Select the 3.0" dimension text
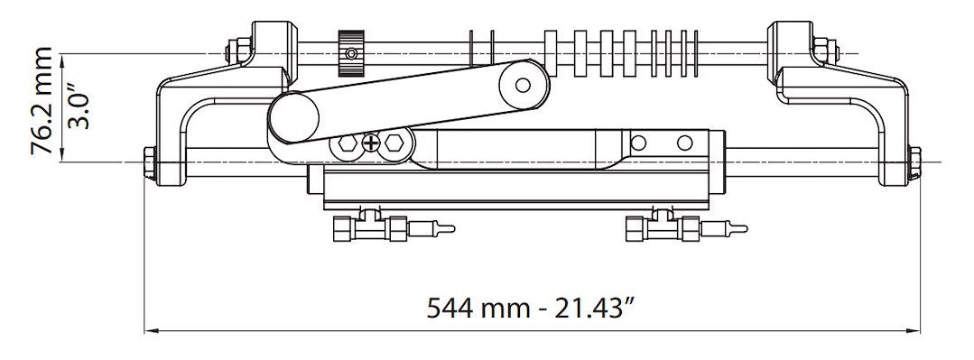(79, 107)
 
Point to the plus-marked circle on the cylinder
(371, 143)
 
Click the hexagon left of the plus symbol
(346, 144)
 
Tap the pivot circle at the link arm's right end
(523, 85)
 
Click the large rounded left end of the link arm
(293, 119)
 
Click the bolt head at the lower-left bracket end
(148, 165)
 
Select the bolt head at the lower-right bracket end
(914, 165)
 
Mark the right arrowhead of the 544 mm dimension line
(914, 329)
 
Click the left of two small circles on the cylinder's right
(639, 143)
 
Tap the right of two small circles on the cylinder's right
(685, 143)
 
